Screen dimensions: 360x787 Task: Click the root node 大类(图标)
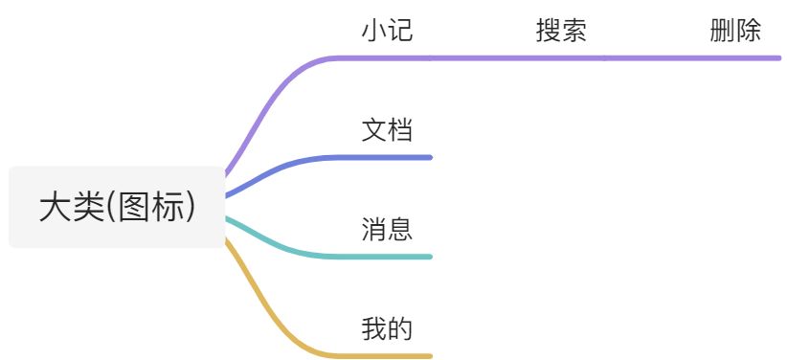117,207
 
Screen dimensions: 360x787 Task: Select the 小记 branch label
387,31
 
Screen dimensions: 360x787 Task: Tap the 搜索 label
560,31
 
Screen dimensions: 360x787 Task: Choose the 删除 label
735,31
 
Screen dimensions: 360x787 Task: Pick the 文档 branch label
387,130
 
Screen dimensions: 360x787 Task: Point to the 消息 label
387,230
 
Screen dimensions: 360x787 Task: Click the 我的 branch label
387,329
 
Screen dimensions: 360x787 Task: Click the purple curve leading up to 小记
268,96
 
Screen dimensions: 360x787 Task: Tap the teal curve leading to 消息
278,245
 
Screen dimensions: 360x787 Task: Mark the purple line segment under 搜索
560,57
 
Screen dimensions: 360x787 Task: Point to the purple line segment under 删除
735,57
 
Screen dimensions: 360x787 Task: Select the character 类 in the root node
86,208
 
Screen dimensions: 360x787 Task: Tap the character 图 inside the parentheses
132,208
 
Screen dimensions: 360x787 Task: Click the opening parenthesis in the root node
109,208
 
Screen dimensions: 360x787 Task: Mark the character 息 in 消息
400,230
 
